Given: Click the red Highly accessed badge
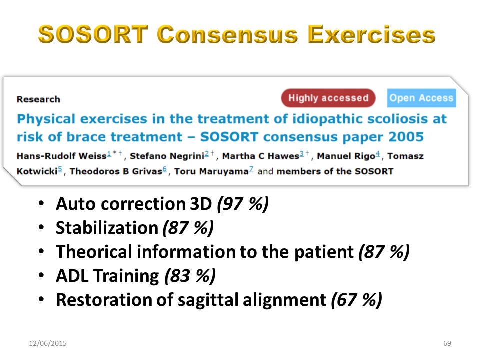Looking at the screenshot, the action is tap(328, 98).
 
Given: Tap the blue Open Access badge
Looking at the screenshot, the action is tap(421, 98).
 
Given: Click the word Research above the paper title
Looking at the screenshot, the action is tap(38, 99).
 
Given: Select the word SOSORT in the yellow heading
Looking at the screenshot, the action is tap(93, 34).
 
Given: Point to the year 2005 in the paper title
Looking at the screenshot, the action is tap(406, 137).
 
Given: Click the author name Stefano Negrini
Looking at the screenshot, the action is tap(167, 156).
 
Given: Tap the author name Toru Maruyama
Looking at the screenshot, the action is tap(211, 171).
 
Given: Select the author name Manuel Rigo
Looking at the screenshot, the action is tap(346, 156).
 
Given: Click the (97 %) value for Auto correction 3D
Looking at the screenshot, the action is tap(243, 204).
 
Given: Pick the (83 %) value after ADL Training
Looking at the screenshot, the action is tap(190, 276).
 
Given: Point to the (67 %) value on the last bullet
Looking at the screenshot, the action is tap(356, 300).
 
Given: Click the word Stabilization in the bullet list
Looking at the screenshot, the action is tap(107, 228).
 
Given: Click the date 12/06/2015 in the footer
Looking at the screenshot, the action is tap(48, 343).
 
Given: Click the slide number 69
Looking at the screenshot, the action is tap(447, 343).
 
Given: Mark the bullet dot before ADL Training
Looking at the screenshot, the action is tap(41, 275).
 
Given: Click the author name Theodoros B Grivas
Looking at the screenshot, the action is tap(116, 171).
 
